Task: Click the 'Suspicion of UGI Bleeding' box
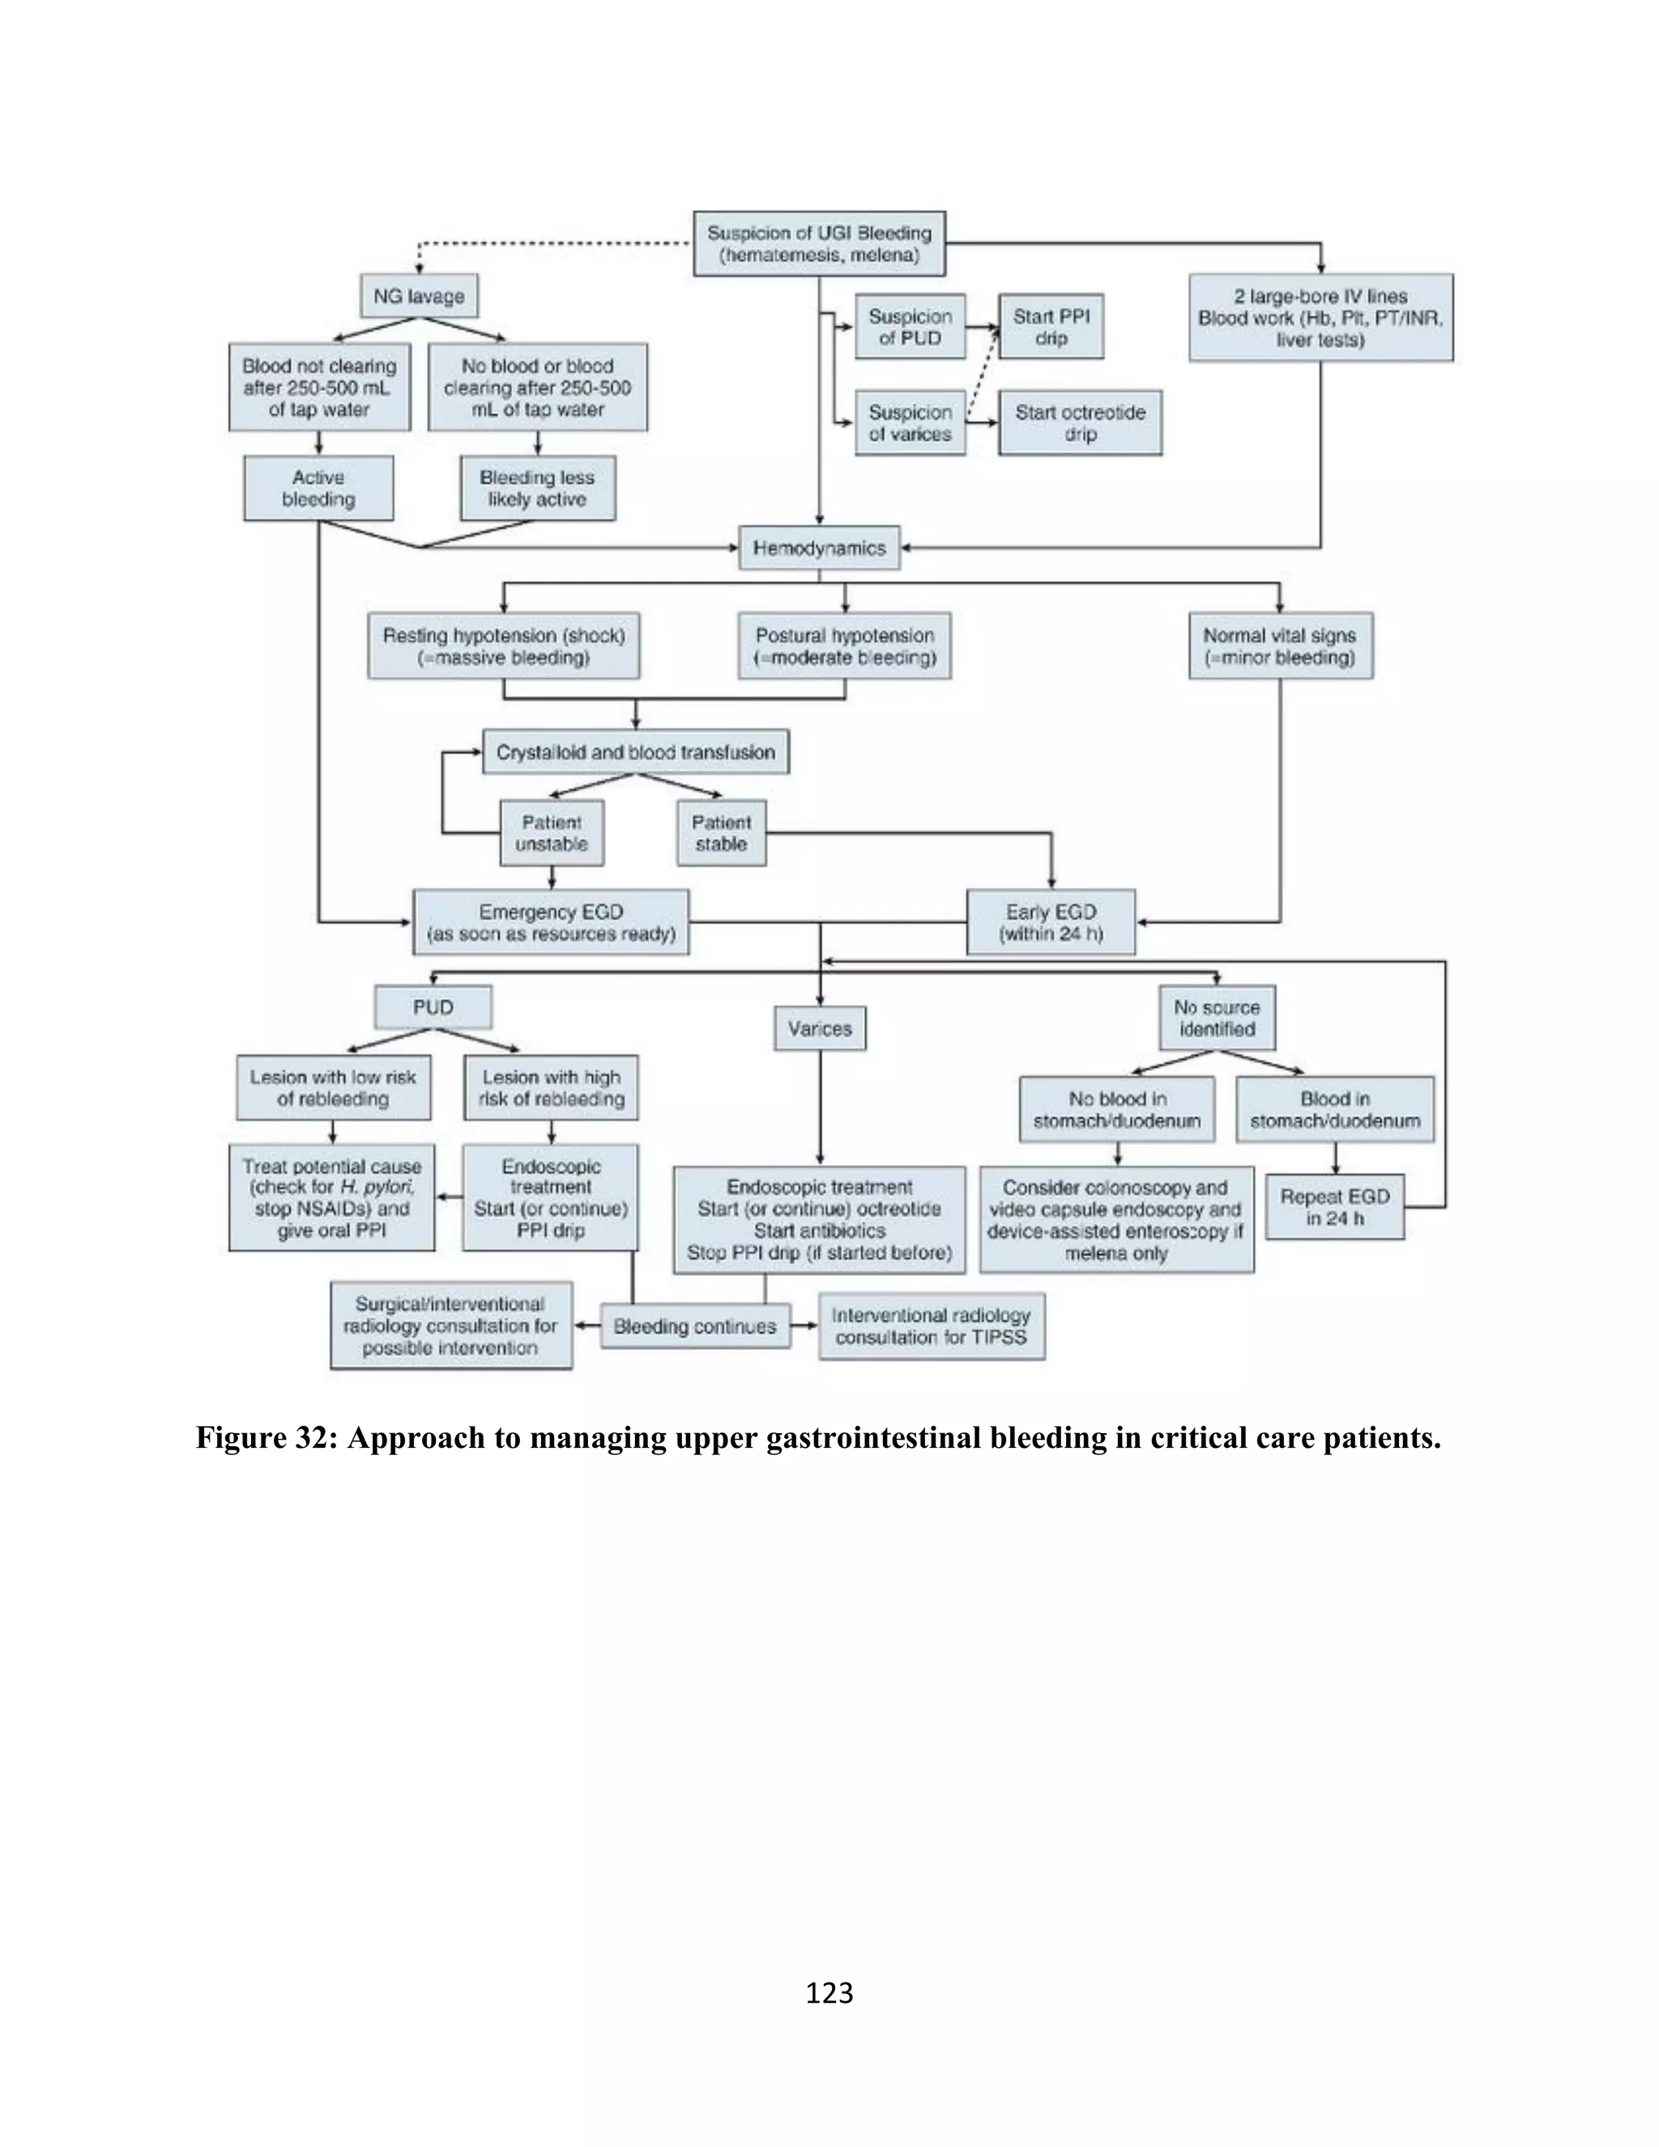(819, 244)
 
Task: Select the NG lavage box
(419, 296)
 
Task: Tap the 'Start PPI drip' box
(1051, 327)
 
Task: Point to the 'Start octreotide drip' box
(1079, 423)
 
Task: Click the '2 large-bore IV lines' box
(1320, 318)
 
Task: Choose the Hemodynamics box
(819, 548)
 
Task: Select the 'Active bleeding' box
(318, 488)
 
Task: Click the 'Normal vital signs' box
(1280, 646)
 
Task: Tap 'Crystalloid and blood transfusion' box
(635, 752)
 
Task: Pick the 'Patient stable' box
(720, 833)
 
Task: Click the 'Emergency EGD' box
(550, 922)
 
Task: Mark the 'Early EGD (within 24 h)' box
(1051, 922)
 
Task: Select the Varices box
(819, 1028)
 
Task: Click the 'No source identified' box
(1217, 1018)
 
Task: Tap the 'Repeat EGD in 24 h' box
(1333, 1206)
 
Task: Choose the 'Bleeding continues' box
(694, 1326)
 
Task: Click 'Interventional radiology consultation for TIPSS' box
(931, 1326)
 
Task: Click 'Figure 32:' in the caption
(267, 1438)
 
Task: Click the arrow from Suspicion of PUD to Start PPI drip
(981, 327)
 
